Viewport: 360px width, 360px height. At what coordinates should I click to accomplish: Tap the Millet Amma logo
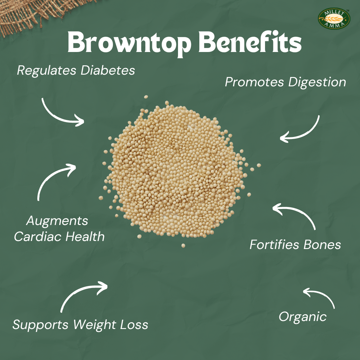(x=334, y=19)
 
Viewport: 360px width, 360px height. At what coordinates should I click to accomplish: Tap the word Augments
(x=57, y=221)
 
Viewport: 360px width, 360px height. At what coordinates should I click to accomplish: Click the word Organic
(x=302, y=317)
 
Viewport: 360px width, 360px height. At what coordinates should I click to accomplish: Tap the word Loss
(x=135, y=324)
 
